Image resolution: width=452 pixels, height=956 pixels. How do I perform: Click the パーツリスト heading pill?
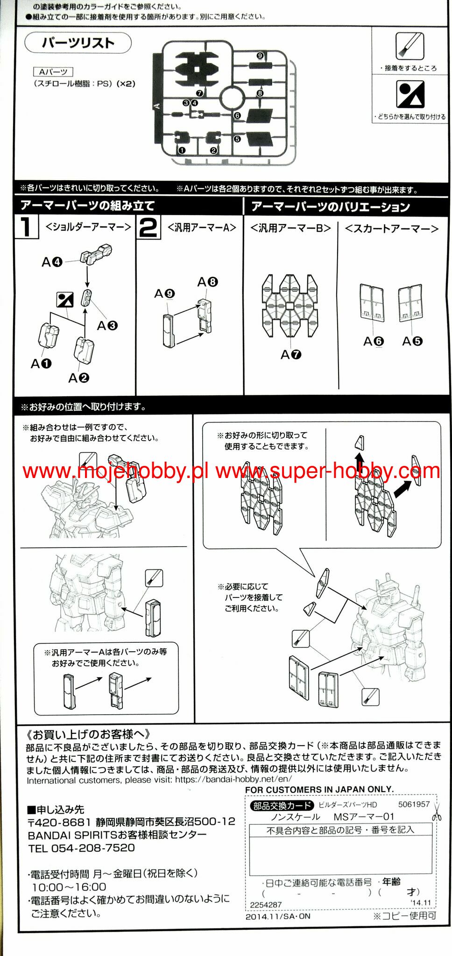click(x=78, y=43)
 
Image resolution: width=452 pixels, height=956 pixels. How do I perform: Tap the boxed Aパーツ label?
click(x=53, y=72)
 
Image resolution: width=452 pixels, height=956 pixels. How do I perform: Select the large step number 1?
click(x=26, y=226)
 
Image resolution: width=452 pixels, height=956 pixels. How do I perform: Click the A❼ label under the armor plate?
click(x=291, y=355)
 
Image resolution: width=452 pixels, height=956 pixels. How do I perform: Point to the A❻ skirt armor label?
click(x=373, y=342)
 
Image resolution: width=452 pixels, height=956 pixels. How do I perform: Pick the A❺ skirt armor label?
click(x=412, y=341)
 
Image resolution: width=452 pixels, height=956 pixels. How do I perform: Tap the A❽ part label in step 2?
click(x=207, y=282)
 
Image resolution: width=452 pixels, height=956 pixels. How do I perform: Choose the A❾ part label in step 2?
click(x=164, y=294)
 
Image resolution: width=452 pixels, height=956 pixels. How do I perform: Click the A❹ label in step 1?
click(x=52, y=262)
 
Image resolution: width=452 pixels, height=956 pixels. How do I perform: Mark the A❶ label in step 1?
click(x=41, y=364)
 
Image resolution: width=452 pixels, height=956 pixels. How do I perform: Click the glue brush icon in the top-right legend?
click(x=410, y=46)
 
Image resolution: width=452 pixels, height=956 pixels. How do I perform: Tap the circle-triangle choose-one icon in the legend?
click(x=410, y=94)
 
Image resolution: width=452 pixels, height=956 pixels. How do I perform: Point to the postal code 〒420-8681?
click(x=59, y=822)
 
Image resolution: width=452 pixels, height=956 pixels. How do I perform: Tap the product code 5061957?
click(x=414, y=804)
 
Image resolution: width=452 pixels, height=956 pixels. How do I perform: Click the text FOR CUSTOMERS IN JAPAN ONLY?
click(x=319, y=789)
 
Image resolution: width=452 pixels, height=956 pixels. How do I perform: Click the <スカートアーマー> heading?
click(x=392, y=228)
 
